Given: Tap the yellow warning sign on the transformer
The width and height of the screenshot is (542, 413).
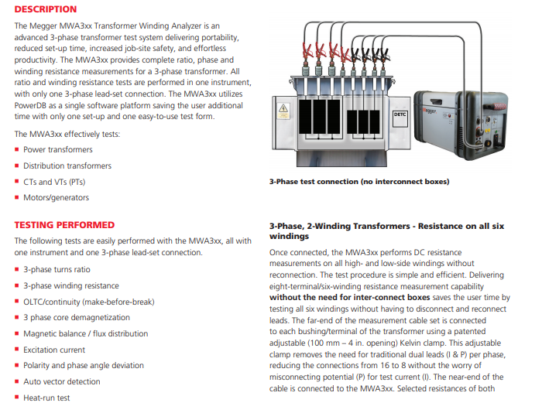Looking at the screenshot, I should [283, 109].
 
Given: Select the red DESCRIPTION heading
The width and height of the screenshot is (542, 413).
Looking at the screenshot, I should [46, 9].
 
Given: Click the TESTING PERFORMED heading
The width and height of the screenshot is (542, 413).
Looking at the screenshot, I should [64, 225].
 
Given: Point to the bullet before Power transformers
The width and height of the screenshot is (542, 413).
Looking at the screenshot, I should [17, 150].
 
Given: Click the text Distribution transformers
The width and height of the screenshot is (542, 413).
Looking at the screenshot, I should [67, 166].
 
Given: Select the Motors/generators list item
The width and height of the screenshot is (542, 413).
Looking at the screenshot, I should [56, 197].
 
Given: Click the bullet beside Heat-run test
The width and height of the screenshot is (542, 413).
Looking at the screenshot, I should [17, 398].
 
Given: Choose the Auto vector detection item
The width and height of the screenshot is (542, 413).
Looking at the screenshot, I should [62, 381].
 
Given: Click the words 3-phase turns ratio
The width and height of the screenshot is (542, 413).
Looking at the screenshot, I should [57, 269].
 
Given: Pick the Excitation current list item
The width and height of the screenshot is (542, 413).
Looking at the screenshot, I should [55, 350].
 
